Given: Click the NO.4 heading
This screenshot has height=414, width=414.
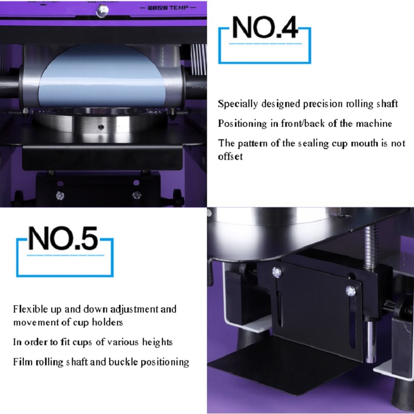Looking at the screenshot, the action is pos(265,27).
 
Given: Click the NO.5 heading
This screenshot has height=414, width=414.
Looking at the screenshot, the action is pos(63,238).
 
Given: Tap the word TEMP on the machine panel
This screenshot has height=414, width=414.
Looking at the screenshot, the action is pos(179,8).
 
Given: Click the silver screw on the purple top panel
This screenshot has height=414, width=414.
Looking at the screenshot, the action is pos(102,10).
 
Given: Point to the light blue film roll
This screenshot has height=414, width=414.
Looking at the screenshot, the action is pos(101,77).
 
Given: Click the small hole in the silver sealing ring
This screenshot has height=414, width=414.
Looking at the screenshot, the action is pos(101,127).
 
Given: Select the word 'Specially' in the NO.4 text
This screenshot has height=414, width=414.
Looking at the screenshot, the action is pos(238,104).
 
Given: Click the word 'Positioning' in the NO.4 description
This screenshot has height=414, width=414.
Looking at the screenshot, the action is pos(242,124).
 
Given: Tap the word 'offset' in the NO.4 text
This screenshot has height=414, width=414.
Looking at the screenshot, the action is pos(230,156).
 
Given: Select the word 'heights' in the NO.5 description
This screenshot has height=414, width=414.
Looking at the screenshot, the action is pos(157,342).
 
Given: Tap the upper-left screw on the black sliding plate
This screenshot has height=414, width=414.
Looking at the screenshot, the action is pos(277,271).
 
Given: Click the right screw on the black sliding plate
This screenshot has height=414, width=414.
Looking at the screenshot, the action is pos(351,290).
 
